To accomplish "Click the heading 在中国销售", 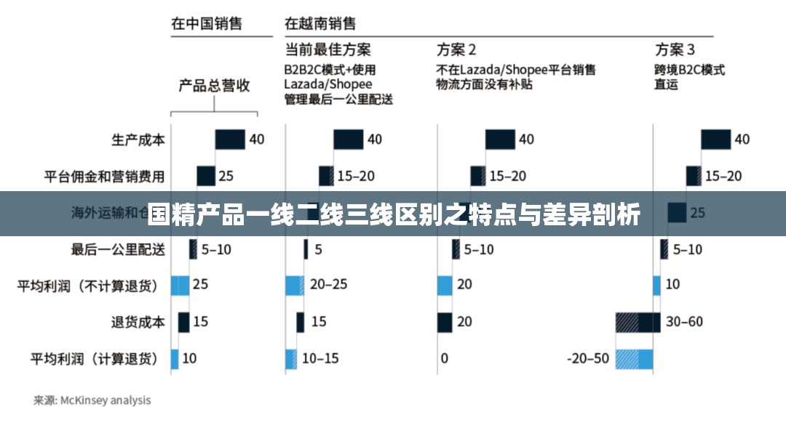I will pos(206,23).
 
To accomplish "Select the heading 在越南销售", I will pos(320,23).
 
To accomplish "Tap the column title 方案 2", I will pos(456,49).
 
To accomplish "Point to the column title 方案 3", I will pos(675,49).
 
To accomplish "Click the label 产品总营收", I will pos(214,86).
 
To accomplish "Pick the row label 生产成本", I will pos(138,140).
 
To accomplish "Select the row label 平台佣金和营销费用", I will pos(105,176).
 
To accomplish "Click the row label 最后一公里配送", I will pos(118,249).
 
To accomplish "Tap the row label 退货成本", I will pos(138,321).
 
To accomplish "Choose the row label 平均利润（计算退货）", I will pos(94,358).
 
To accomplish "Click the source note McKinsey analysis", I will pos(92,400).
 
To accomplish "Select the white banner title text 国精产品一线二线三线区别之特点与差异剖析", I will pos(393,214).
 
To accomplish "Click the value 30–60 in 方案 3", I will pos(685,321).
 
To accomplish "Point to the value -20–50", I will pos(588,358).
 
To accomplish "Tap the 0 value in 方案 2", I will pos(444,358).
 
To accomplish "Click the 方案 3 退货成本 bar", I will pos(638,322).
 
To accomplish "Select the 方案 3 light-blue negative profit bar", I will pos(634,358).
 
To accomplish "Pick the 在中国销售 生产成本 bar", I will pos(229,140).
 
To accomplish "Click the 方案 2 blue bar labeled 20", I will pos(445,285).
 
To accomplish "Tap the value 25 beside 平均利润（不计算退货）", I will pos(200,285).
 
